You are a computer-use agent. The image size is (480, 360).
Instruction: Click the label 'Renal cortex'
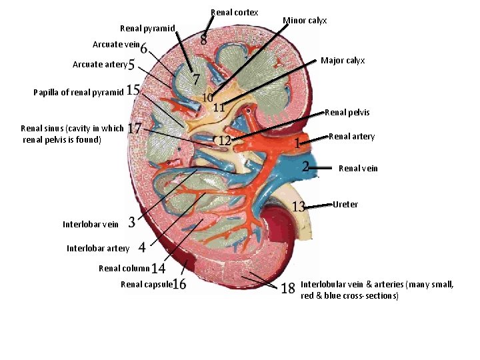(x=234, y=13)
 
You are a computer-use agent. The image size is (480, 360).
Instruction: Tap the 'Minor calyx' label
(x=305, y=21)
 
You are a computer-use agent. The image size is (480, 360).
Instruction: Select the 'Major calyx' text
(x=342, y=61)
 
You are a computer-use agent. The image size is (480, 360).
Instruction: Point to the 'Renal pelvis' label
(x=347, y=112)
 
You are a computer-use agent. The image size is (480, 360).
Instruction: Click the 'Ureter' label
(x=345, y=204)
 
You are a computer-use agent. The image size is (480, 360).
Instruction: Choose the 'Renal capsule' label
(x=146, y=285)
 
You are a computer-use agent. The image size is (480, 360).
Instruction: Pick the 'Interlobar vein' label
(x=90, y=224)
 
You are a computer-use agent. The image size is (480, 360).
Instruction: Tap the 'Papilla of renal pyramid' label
(x=78, y=93)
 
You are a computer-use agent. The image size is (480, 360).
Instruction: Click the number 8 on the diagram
(x=203, y=40)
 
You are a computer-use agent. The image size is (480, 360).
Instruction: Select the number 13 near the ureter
(x=299, y=206)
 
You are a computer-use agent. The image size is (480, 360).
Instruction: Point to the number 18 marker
(x=288, y=288)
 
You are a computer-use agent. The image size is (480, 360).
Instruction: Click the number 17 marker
(x=134, y=127)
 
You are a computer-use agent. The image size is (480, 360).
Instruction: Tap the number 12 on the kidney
(x=225, y=140)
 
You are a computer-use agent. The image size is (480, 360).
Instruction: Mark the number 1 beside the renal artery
(x=296, y=143)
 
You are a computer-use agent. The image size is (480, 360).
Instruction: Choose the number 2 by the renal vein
(x=305, y=166)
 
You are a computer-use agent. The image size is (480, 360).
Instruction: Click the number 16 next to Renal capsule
(x=179, y=285)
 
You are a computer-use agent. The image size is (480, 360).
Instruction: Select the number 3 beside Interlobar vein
(x=132, y=222)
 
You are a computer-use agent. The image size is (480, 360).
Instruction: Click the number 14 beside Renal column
(x=158, y=269)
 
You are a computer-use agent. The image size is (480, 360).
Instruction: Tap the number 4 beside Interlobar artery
(x=142, y=247)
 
